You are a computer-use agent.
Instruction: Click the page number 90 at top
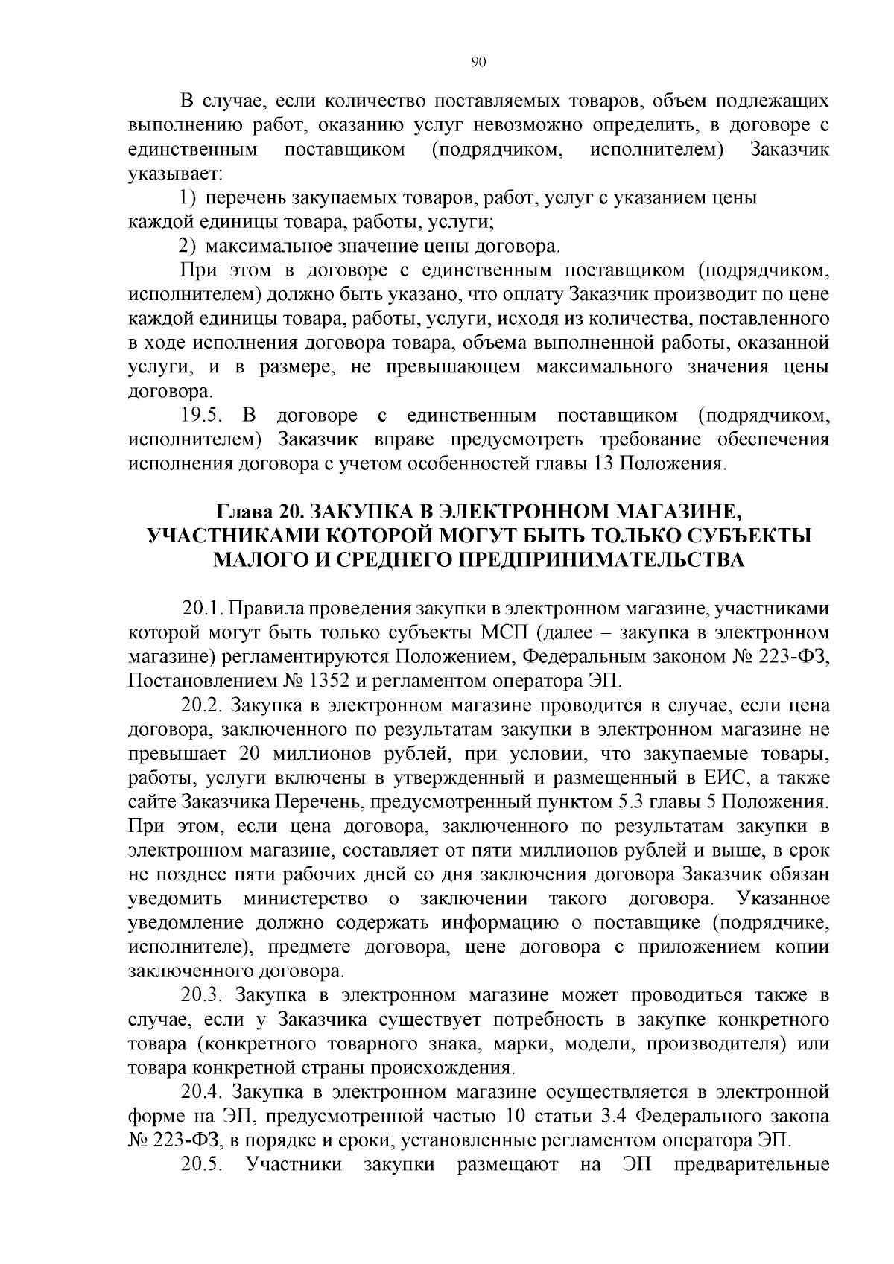pos(479,63)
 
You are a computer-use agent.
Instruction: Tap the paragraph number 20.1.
pos(203,609)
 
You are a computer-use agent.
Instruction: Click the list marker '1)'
pos(189,198)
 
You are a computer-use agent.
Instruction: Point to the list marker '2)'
pos(189,246)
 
